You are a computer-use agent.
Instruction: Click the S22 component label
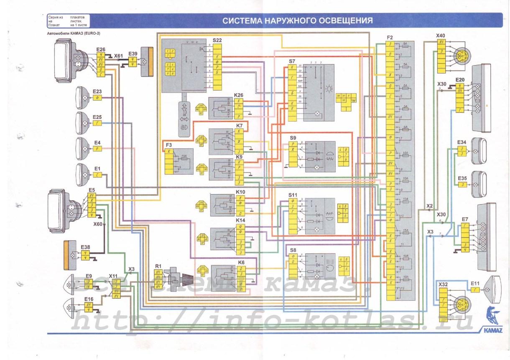click(x=217, y=40)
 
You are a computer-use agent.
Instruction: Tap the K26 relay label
click(x=239, y=95)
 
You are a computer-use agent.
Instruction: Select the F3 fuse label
click(x=169, y=145)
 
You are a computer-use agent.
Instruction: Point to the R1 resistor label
click(x=158, y=266)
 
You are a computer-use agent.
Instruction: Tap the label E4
click(x=97, y=142)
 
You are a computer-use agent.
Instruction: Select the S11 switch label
click(x=293, y=195)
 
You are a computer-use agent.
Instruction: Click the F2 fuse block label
click(x=390, y=37)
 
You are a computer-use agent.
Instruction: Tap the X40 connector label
click(x=441, y=35)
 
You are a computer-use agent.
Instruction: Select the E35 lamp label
click(x=462, y=178)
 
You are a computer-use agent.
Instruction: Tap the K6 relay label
click(x=241, y=262)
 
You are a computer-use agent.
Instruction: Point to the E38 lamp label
click(x=85, y=247)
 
